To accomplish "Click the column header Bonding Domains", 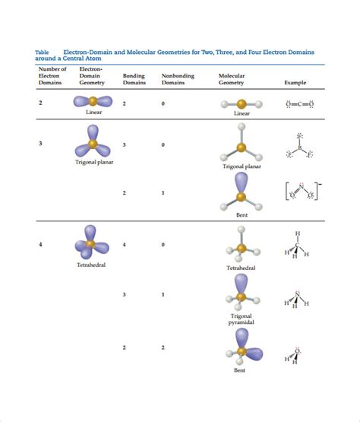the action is pyautogui.click(x=133, y=79).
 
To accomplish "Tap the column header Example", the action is pyautogui.click(x=295, y=82).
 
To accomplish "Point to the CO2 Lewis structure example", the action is pyautogui.click(x=299, y=103).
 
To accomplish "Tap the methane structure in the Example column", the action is pyautogui.click(x=296, y=245).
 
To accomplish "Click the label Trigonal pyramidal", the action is pyautogui.click(x=242, y=319).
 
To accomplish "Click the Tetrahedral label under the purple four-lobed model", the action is pyautogui.click(x=90, y=265).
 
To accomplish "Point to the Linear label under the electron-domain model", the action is pyautogui.click(x=94, y=113).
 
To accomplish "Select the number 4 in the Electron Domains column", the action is pyautogui.click(x=40, y=244).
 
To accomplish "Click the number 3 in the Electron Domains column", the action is pyautogui.click(x=40, y=144).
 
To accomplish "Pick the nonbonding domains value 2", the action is pyautogui.click(x=163, y=347).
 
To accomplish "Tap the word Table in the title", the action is pyautogui.click(x=43, y=52).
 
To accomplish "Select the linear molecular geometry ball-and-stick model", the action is pyautogui.click(x=241, y=103).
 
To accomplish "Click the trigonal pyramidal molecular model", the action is pyautogui.click(x=242, y=293).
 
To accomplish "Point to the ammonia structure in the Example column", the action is pyautogui.click(x=296, y=300).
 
